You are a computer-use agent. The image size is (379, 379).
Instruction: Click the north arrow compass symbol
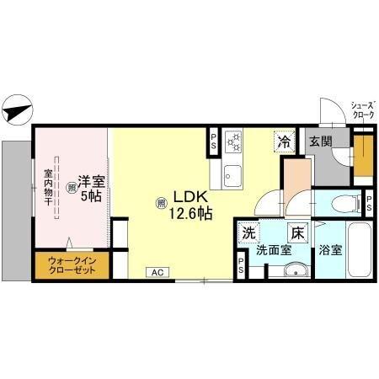point(18,109)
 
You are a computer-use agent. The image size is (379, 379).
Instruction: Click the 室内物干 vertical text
point(47,189)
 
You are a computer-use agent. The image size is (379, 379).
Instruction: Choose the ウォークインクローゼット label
point(70,267)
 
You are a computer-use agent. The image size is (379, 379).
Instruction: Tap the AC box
point(157,272)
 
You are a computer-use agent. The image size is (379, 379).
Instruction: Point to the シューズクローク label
point(363,109)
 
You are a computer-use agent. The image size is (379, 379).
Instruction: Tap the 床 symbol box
point(296,232)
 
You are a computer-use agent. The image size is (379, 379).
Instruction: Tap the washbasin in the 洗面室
point(292,270)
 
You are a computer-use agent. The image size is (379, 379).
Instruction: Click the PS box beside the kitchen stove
point(214,141)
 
